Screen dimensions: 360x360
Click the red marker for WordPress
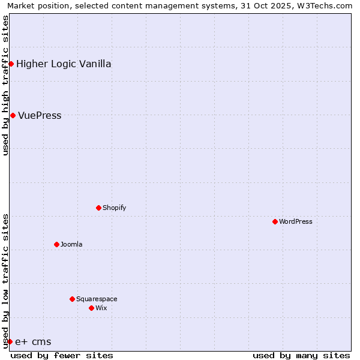click(275, 221)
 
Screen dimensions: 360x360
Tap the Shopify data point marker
click(98, 208)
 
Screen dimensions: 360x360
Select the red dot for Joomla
click(56, 244)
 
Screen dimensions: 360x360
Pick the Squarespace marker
click(72, 299)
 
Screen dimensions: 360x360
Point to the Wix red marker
click(91, 308)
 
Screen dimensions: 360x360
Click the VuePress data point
click(13, 115)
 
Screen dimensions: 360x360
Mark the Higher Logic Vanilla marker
click(11, 64)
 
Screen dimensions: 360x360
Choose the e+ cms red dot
click(10, 341)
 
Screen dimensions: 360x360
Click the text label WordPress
click(296, 221)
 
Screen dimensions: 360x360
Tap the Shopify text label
click(114, 208)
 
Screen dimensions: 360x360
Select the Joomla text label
click(71, 244)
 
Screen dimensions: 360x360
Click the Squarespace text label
click(97, 299)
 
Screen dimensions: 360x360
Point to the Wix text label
click(101, 308)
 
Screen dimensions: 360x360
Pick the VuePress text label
click(40, 115)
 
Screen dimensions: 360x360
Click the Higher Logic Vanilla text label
click(64, 64)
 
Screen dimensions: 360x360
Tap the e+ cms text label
click(33, 341)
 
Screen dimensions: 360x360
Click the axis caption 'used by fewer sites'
click(62, 355)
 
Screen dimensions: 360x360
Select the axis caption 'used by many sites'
click(301, 355)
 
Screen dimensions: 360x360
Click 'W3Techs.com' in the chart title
click(326, 5)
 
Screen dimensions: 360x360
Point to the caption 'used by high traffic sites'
click(5, 85)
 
